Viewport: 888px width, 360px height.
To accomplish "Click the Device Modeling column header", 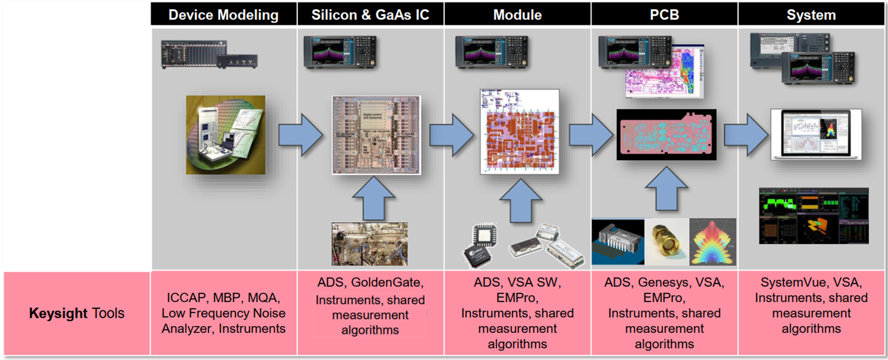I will point(223,15).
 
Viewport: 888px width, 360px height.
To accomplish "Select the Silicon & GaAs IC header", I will point(370,15).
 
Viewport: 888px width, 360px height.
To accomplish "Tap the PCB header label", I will point(664,15).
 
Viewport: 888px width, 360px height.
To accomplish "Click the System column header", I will point(811,15).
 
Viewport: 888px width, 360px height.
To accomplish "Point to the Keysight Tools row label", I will point(77,313).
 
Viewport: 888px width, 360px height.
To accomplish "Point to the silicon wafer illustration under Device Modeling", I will point(226,135).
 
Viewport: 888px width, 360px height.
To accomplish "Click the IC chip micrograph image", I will point(376,135).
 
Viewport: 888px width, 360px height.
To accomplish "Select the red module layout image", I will point(519,132).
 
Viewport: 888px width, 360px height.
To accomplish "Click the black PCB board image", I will point(666,134).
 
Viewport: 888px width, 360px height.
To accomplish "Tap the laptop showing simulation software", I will point(816,134).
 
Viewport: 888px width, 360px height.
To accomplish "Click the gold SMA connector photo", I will point(667,241).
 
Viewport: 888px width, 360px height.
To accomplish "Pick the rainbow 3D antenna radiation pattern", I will point(713,241).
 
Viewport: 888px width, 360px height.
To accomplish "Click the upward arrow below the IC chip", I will point(372,198).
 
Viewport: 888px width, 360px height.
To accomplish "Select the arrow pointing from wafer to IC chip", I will point(300,135).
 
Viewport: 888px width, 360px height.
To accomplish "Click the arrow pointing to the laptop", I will point(745,135).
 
